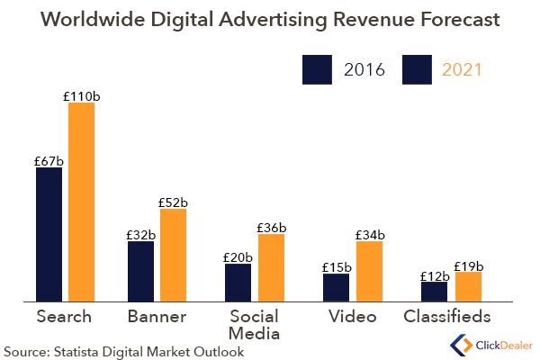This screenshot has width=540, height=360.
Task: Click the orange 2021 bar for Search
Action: coord(81,202)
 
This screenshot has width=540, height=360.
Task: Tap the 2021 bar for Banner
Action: coord(173,255)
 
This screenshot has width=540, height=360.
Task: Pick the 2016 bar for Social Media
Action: coord(238,283)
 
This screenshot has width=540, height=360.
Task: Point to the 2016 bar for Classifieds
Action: coord(434,292)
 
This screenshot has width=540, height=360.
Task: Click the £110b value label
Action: coord(82,95)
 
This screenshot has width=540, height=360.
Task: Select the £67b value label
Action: coord(49,161)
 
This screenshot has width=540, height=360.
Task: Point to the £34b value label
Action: coord(370,235)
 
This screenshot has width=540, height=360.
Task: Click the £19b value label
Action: coord(468,265)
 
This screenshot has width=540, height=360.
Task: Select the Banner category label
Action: coord(157,317)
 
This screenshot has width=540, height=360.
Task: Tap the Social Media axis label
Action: coord(255,325)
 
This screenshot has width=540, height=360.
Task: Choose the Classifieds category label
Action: coord(447,317)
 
